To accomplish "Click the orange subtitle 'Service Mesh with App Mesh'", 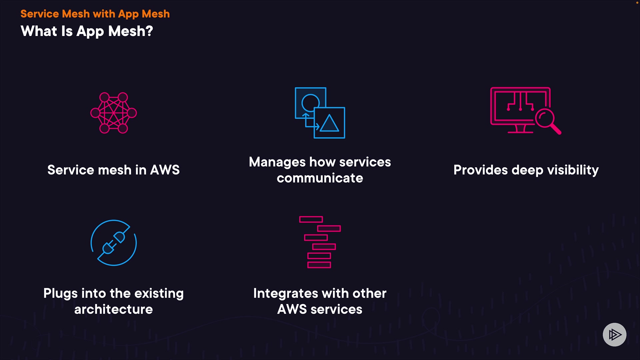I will point(95,14).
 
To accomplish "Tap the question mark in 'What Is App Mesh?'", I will point(149,31).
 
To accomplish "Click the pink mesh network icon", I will point(114,113).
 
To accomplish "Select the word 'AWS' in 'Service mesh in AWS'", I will point(165,170).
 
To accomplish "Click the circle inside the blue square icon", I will point(310,102).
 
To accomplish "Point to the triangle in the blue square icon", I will point(329,123).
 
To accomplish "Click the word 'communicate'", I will point(320,178).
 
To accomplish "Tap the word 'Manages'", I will point(277,162).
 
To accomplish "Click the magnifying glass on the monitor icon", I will point(545,119).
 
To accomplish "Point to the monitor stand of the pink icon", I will point(520,129).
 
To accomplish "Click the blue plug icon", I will point(114,243).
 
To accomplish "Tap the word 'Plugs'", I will point(60,294).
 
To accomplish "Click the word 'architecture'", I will point(113,310).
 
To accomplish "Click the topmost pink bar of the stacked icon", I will point(311,219).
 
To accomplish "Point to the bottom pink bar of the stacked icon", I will point(319,265).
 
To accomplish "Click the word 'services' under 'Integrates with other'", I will point(336,310).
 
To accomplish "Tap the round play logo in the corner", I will point(614,334).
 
